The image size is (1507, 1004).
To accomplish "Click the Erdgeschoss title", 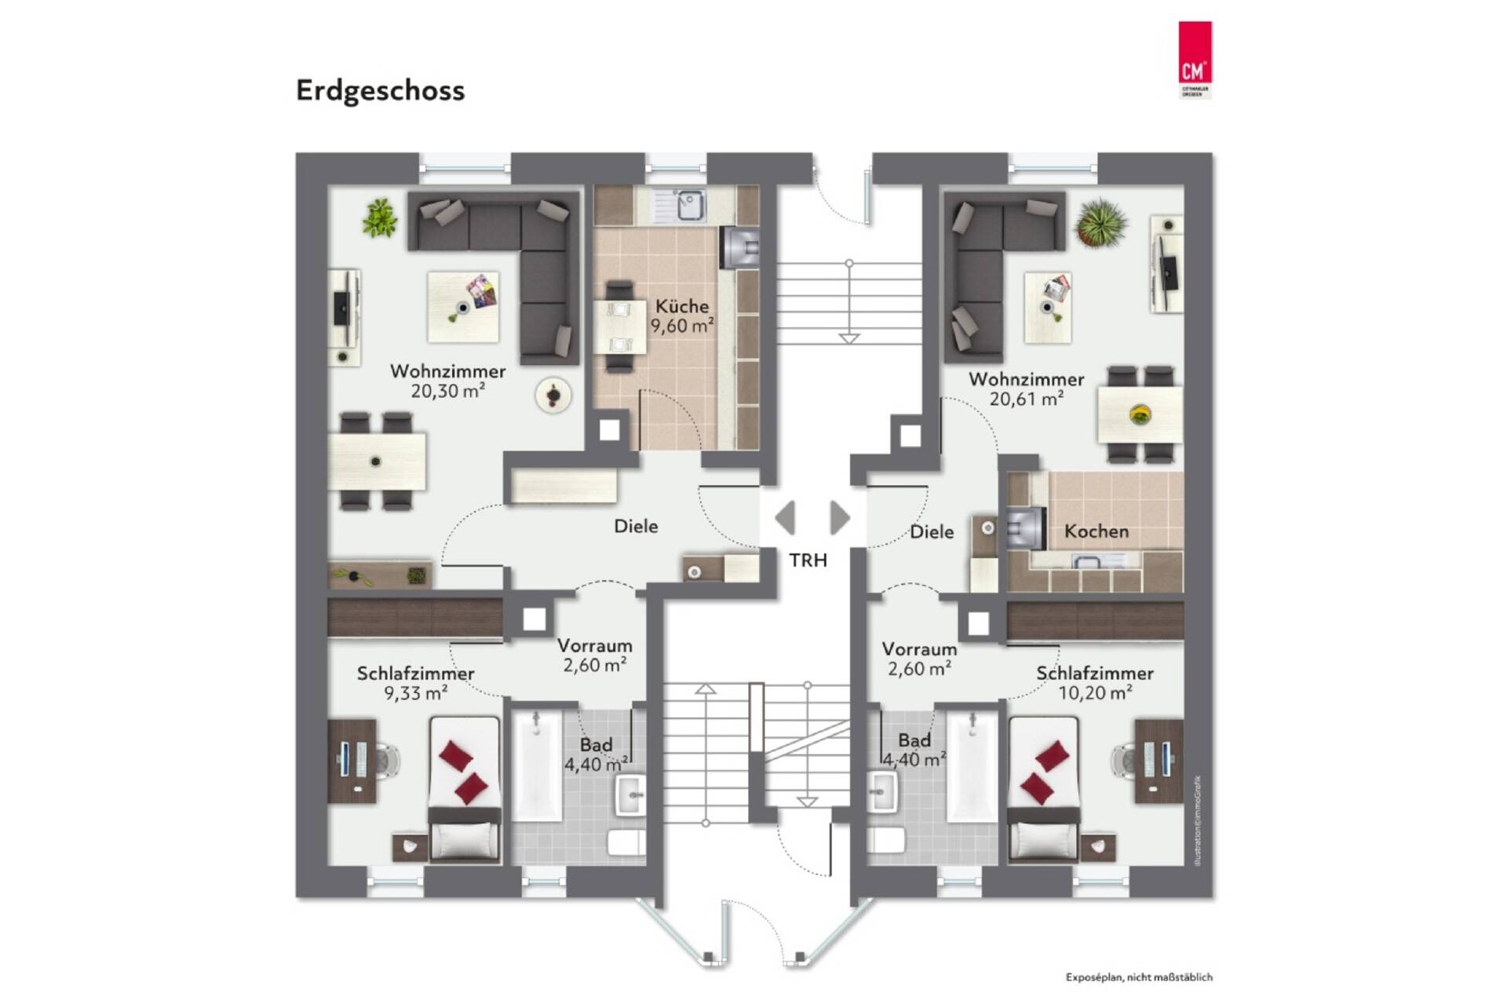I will pyautogui.click(x=380, y=91).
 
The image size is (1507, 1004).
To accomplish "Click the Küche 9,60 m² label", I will pyautogui.click(x=681, y=316).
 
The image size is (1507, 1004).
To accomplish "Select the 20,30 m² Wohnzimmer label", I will pyautogui.click(x=447, y=381).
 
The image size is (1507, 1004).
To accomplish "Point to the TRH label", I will pyautogui.click(x=808, y=560).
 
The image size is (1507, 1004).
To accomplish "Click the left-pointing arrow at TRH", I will pyautogui.click(x=785, y=518).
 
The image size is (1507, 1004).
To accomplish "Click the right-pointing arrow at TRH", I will pyautogui.click(x=839, y=518).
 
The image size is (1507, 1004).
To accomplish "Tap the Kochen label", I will pyautogui.click(x=1096, y=531).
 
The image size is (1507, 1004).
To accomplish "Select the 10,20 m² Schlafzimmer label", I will pyautogui.click(x=1094, y=683).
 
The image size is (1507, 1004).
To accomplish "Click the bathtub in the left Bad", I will pyautogui.click(x=538, y=765).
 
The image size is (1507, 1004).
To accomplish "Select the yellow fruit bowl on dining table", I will pyautogui.click(x=1140, y=414).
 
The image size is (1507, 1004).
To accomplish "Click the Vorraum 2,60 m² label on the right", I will pyautogui.click(x=918, y=659).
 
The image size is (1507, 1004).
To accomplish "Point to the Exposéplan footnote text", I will pyautogui.click(x=1138, y=977).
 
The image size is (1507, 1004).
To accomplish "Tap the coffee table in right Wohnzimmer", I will pyautogui.click(x=1048, y=308).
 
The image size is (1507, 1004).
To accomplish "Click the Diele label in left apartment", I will pyautogui.click(x=635, y=526).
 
